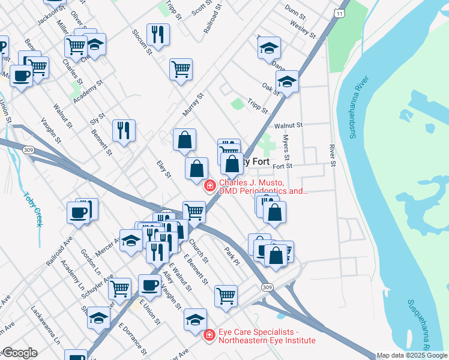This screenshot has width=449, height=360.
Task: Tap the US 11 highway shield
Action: pos(341,13)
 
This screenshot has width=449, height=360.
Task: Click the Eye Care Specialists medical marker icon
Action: pos(209,335)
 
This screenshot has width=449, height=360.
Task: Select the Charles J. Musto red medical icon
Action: pos(209,186)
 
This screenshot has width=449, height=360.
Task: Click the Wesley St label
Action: pos(303,28)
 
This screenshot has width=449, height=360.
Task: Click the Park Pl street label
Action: pos(232,256)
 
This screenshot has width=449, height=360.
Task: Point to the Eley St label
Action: pos(164,169)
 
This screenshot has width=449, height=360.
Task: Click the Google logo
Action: pos(19,353)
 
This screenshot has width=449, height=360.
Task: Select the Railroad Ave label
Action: pos(59,251)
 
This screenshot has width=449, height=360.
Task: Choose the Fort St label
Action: pos(282,166)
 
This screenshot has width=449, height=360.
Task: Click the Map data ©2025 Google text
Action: pos(411,355)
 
